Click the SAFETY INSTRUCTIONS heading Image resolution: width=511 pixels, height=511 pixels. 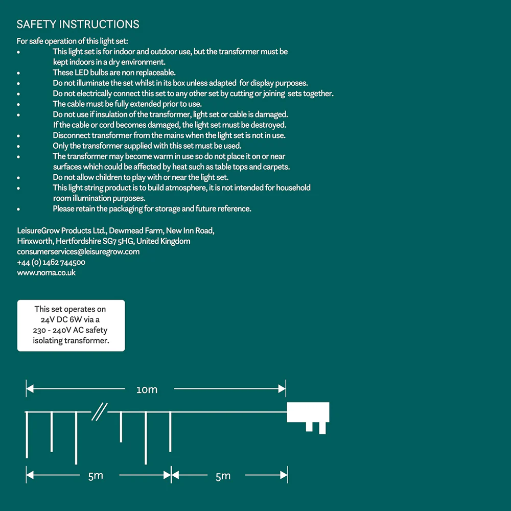(78, 25)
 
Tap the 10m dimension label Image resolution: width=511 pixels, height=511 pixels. (147, 390)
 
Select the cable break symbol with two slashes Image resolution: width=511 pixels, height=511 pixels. (99, 412)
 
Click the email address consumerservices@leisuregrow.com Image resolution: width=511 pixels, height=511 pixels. (78, 252)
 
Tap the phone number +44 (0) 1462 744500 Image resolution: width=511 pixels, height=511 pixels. (51, 263)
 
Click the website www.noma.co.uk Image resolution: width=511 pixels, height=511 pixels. (46, 273)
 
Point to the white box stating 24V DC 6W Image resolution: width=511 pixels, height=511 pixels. (71, 325)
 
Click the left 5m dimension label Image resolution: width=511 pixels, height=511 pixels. (96, 476)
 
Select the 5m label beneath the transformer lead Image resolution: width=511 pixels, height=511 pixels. (223, 476)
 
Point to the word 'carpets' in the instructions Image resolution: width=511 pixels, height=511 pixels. (276, 167)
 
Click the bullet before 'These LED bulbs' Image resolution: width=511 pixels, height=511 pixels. (19, 73)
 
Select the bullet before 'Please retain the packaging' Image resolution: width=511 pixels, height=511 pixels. (19, 209)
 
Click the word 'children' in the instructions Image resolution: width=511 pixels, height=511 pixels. (108, 177)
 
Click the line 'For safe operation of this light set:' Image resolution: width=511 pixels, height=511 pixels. (72, 41)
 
